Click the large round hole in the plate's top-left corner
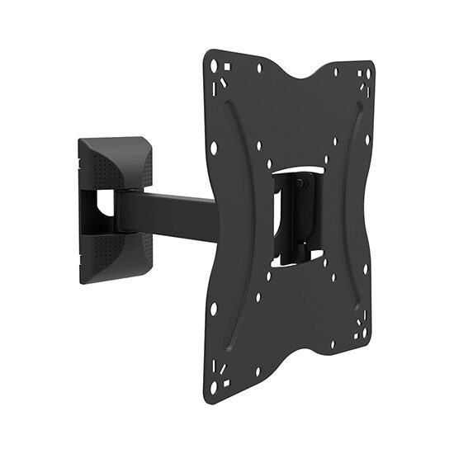click(x=215, y=64)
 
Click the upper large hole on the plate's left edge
click(x=214, y=148)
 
